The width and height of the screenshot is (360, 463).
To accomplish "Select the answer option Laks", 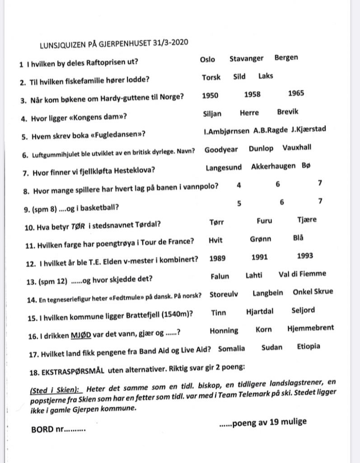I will pos(266,76).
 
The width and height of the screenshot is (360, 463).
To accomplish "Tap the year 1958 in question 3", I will pos(252,94).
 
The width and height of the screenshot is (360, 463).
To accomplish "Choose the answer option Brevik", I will pos(288,112).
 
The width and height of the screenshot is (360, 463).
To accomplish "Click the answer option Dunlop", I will pos(261,148).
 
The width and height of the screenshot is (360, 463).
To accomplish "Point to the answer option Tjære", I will pos(307,220).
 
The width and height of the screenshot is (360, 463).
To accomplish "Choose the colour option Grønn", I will pos(260,239).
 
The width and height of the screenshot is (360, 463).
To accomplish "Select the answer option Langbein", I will pos(268,293).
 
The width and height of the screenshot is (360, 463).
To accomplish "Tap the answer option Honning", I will pos(224,331).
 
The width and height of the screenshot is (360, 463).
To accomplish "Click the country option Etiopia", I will pos(309,347).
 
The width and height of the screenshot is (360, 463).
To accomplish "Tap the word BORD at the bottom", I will pos(42,428).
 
